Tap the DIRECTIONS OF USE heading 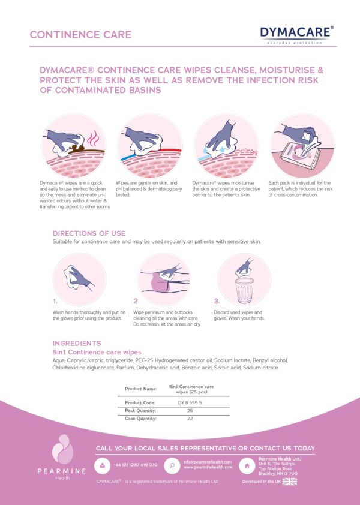coord(89,233)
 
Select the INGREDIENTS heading coord(77,344)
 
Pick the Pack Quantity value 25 coord(190,410)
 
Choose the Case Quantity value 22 coord(190,419)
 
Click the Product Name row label coord(140,389)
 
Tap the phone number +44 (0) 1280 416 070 coord(136,465)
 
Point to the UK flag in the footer coord(290,482)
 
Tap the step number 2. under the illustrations coord(136,302)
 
